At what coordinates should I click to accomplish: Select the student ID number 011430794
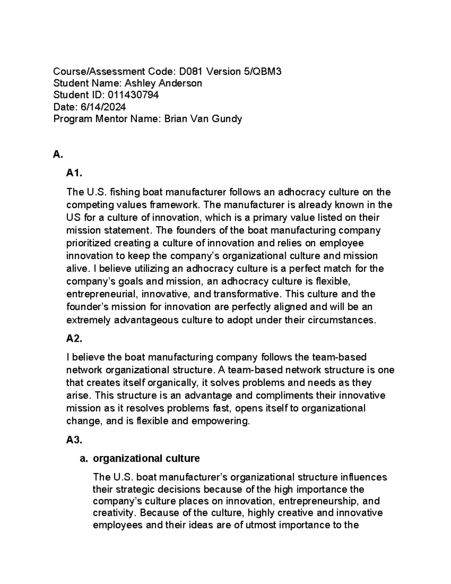(x=133, y=95)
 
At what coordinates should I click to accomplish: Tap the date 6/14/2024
(x=103, y=107)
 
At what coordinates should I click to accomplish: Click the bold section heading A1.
(x=74, y=173)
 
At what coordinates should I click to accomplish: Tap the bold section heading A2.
(x=74, y=338)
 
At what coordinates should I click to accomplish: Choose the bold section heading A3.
(x=74, y=440)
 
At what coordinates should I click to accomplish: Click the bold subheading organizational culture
(x=146, y=458)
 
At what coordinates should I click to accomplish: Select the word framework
(x=171, y=205)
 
